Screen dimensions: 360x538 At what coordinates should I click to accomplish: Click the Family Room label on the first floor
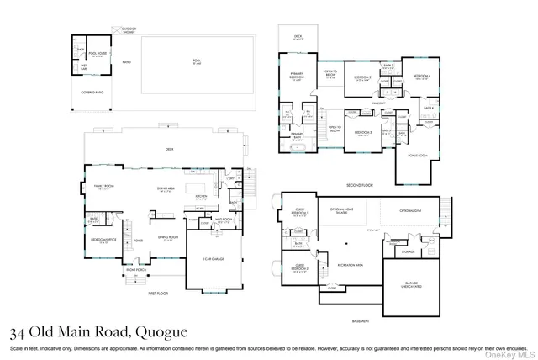pos(105,188)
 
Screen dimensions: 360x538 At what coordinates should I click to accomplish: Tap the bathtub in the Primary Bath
pos(296,147)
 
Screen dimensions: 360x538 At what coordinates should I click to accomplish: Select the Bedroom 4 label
pos(421,77)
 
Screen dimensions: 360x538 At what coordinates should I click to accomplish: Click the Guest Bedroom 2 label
pos(300,269)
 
